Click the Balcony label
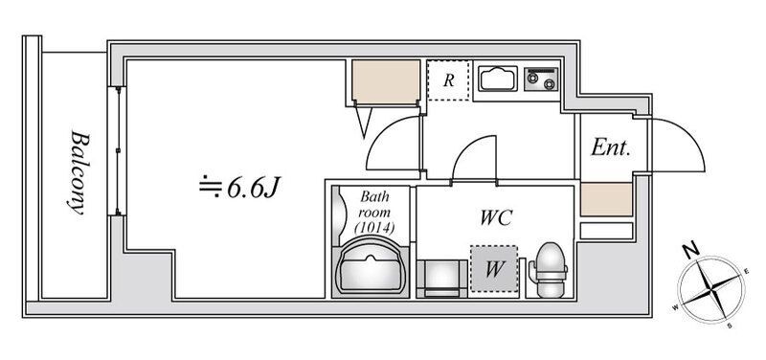79,172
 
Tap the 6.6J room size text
239,187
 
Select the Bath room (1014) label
374,212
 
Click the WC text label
496,217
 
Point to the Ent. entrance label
611,146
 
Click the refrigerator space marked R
448,80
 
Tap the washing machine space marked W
494,269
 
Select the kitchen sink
498,79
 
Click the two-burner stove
541,79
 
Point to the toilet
549,269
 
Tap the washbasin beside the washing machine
442,278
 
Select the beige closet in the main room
386,81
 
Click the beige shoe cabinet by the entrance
606,199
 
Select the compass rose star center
711,289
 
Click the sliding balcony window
118,151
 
